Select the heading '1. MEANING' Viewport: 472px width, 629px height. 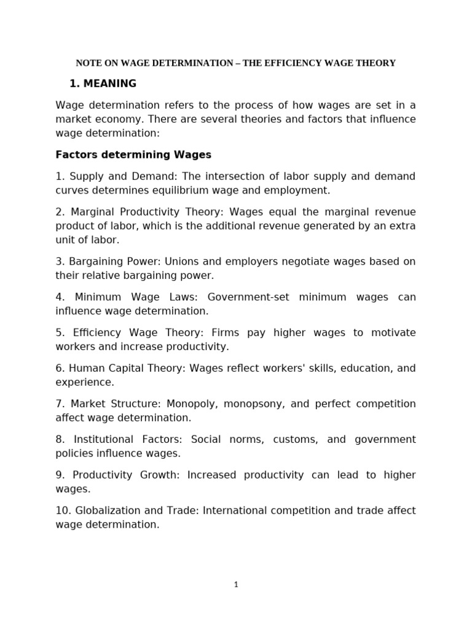pos(103,84)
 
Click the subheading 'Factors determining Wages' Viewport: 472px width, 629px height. pos(133,154)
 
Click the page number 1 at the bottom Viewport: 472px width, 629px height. pos(236,585)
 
